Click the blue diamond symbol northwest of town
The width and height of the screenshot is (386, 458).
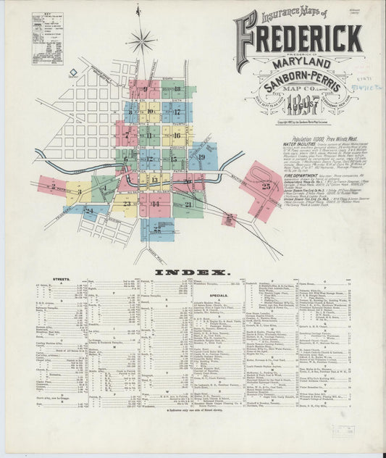coord(73,72)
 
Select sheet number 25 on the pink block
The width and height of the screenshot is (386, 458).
coord(266,186)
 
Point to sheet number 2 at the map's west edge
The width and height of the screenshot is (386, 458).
coord(53,186)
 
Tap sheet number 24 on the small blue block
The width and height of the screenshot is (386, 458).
coord(88,210)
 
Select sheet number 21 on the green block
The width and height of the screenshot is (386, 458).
coord(188,204)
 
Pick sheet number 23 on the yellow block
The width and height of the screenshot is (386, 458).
coord(127,204)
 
